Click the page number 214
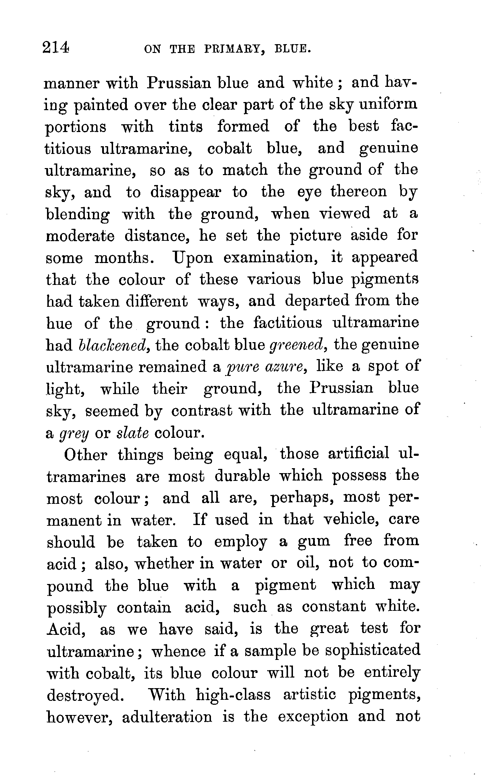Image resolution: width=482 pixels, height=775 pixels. tap(55, 48)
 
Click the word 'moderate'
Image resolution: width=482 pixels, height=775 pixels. tap(80, 236)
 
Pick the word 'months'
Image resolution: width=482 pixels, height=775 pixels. tap(123, 258)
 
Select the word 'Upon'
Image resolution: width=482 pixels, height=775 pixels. tap(193, 258)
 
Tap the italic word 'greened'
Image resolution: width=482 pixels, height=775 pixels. tap(297, 345)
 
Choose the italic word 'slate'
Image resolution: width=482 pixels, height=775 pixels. tap(133, 433)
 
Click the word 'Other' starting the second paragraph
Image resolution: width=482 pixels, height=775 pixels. tap(86, 455)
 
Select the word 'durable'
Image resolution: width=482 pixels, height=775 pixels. tap(242, 477)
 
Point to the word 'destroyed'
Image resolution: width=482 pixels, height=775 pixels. tap(85, 696)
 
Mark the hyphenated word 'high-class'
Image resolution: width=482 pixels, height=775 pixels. tap(233, 695)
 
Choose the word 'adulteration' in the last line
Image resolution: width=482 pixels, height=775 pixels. tap(167, 717)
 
